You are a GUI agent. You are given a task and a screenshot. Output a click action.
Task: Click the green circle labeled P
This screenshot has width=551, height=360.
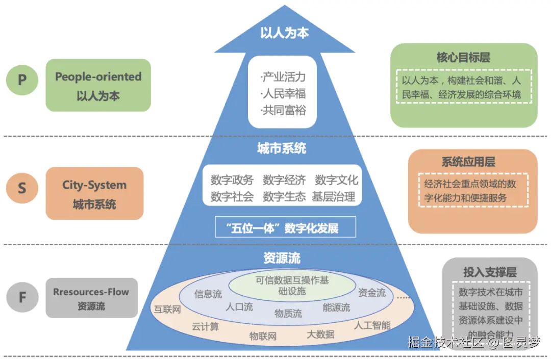pyautogui.click(x=22, y=80)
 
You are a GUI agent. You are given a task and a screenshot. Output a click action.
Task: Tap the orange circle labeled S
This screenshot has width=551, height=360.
pyautogui.click(x=22, y=188)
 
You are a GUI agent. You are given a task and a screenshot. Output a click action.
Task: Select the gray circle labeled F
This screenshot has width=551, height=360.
pyautogui.click(x=22, y=297)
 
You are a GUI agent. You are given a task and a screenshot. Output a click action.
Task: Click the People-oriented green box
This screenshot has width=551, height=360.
pyautogui.click(x=98, y=86)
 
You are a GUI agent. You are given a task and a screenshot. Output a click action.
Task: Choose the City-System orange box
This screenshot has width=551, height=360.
pyautogui.click(x=94, y=194)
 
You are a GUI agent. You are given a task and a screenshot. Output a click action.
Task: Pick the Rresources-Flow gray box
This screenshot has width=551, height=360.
pyautogui.click(x=91, y=298)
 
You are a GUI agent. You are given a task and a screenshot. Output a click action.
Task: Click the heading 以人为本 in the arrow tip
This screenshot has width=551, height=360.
pyautogui.click(x=284, y=33)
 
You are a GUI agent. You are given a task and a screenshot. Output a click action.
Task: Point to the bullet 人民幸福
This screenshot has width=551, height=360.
pyautogui.click(x=283, y=94)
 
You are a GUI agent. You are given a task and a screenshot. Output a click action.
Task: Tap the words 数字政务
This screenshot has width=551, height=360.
pyautogui.click(x=232, y=180)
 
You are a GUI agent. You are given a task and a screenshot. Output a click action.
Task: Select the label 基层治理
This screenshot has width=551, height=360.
pyautogui.click(x=334, y=197)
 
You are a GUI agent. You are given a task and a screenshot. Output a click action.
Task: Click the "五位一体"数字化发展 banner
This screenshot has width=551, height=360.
pyautogui.click(x=284, y=228)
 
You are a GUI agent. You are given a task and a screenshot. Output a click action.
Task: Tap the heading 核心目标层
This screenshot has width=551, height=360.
pyautogui.click(x=463, y=57)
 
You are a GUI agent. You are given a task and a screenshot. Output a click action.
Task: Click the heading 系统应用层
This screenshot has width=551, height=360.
pyautogui.click(x=468, y=162)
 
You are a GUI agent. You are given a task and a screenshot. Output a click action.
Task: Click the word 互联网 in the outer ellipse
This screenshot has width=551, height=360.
pyautogui.click(x=167, y=310)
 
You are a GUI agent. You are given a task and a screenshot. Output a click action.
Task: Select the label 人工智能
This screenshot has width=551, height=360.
pyautogui.click(x=372, y=325)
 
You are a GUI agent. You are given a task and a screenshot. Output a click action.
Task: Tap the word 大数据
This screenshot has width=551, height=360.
pyautogui.click(x=320, y=334)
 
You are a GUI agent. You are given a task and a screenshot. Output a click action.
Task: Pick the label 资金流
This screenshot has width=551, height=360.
pyautogui.click(x=371, y=293)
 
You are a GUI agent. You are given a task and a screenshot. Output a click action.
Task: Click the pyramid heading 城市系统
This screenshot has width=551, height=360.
pyautogui.click(x=282, y=149)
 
